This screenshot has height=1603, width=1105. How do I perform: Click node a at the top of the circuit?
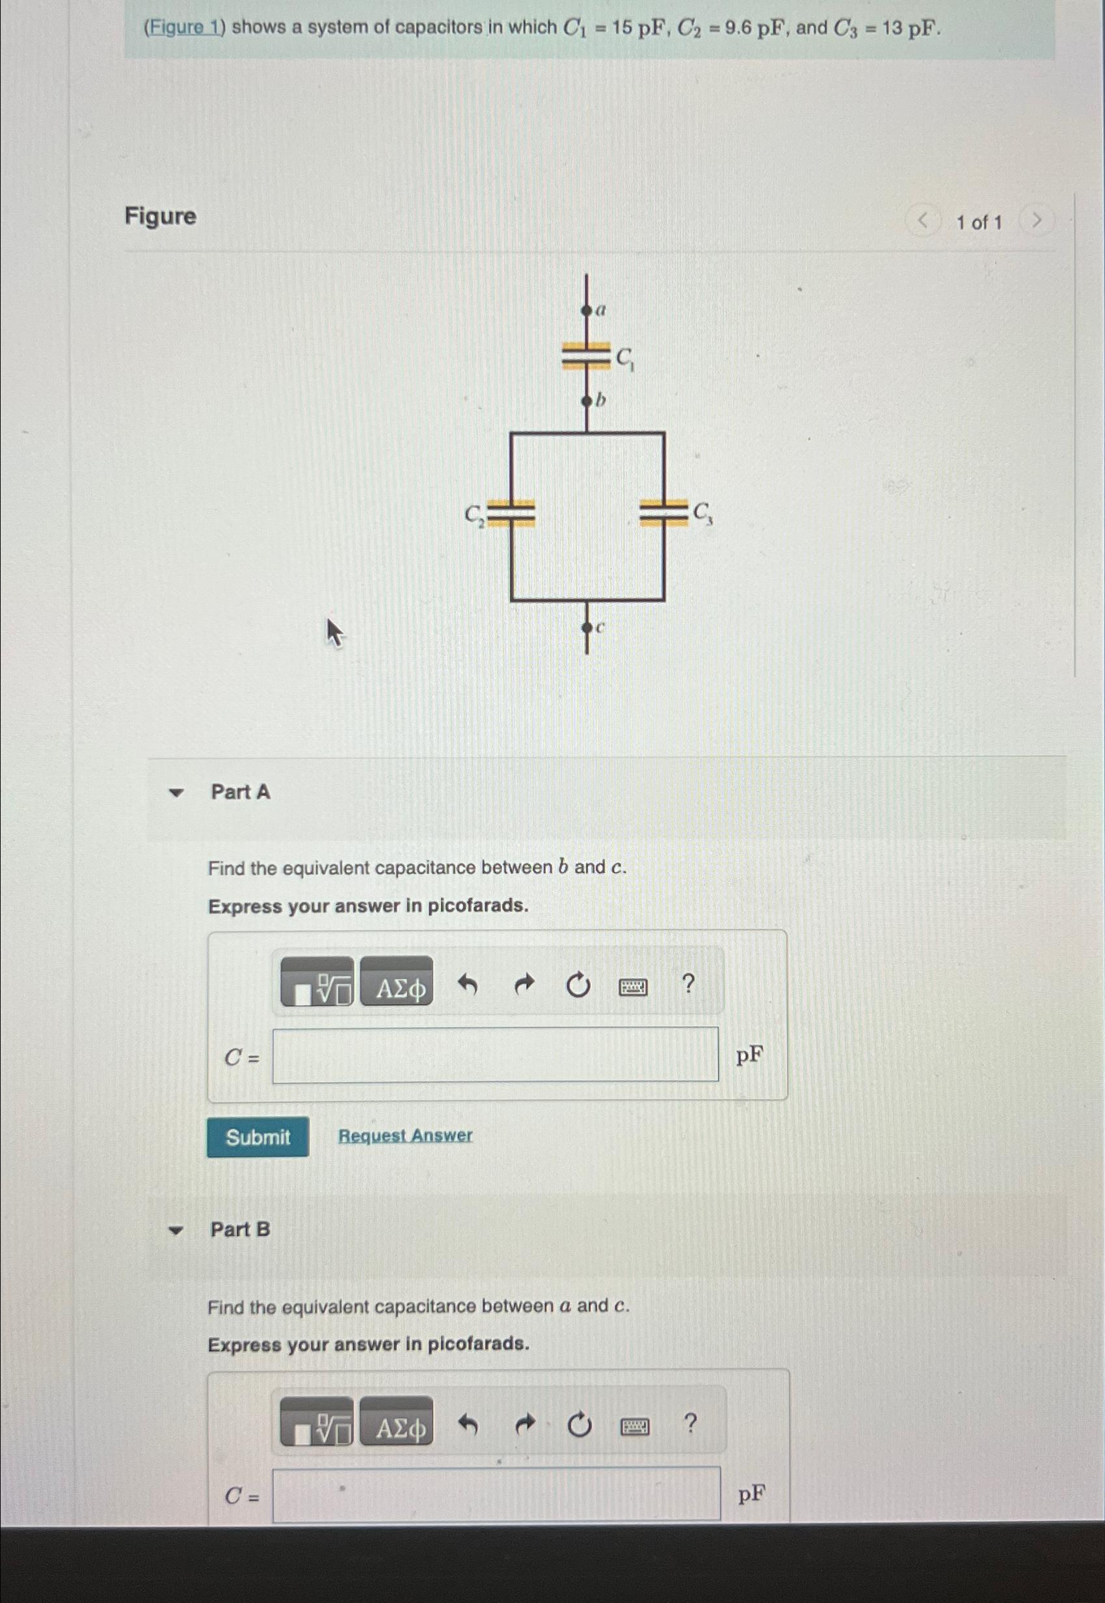point(587,311)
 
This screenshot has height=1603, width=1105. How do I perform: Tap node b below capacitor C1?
point(587,401)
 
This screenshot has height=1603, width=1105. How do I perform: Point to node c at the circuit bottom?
point(587,628)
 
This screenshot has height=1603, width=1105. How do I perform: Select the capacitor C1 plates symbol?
point(587,356)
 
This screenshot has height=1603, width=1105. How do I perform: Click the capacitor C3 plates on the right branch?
point(663,513)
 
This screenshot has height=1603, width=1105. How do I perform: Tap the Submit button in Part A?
point(258,1137)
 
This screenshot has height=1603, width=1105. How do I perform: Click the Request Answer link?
point(405,1136)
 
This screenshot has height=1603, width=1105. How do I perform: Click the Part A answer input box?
point(495,1055)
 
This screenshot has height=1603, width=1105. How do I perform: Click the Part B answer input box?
point(496,1495)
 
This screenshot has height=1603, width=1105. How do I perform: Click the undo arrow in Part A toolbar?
point(468,983)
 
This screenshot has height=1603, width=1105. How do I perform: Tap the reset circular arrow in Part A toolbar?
point(578,985)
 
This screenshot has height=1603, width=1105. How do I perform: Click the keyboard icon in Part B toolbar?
point(634,1427)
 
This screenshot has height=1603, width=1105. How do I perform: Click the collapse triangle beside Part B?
point(178,1230)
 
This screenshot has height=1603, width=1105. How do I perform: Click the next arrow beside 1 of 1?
point(1037,222)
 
